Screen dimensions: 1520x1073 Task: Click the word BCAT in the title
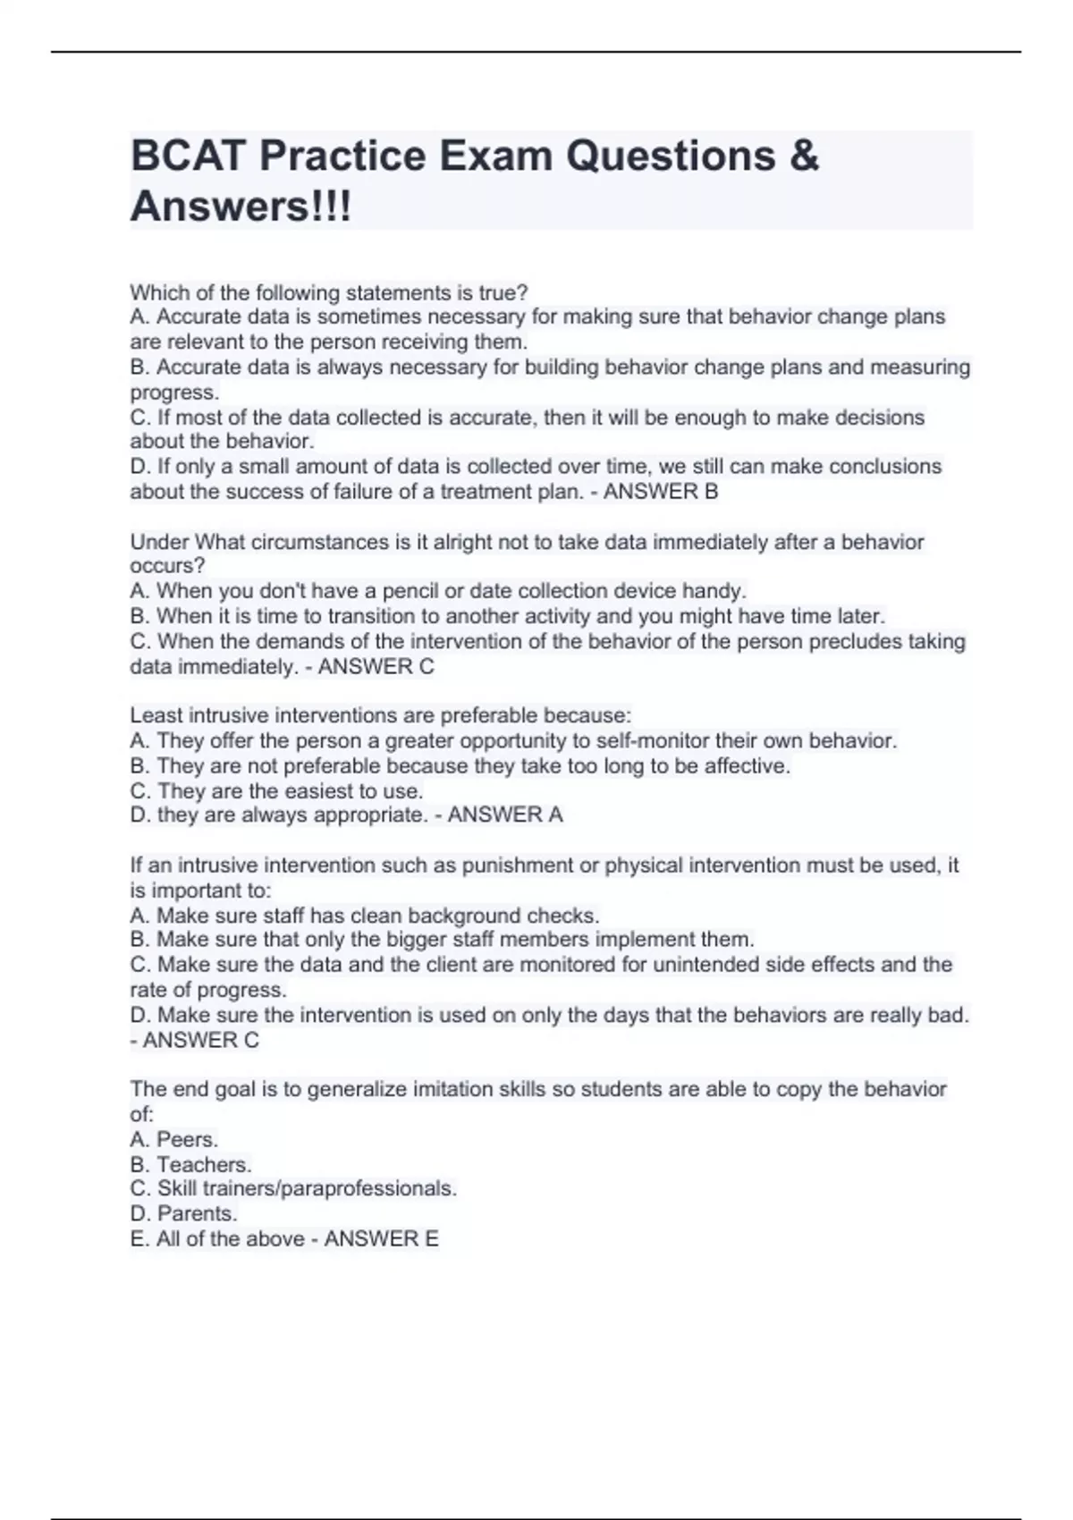(x=189, y=156)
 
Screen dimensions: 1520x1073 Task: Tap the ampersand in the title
(x=805, y=156)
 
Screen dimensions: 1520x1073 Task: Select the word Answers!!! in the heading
(x=241, y=207)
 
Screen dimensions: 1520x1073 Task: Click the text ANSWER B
(x=661, y=492)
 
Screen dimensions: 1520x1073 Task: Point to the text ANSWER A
(x=505, y=815)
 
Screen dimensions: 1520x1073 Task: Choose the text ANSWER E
(x=382, y=1238)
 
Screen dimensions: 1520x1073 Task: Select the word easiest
(x=321, y=791)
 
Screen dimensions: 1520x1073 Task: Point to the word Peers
(x=188, y=1139)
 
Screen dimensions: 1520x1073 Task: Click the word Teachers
(x=204, y=1164)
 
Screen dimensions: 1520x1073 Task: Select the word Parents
(x=197, y=1213)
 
